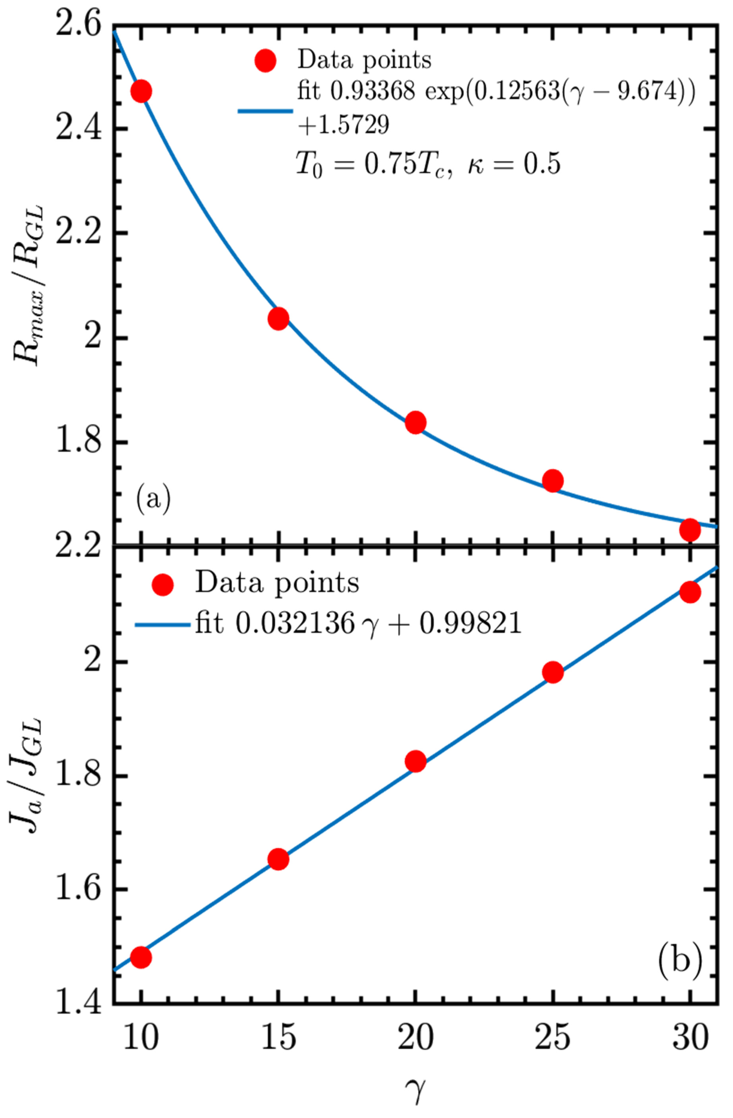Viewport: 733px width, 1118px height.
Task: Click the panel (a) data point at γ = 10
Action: click(141, 91)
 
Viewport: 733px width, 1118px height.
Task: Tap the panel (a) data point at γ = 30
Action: click(690, 530)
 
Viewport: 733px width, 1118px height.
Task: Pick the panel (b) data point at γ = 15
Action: click(278, 860)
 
